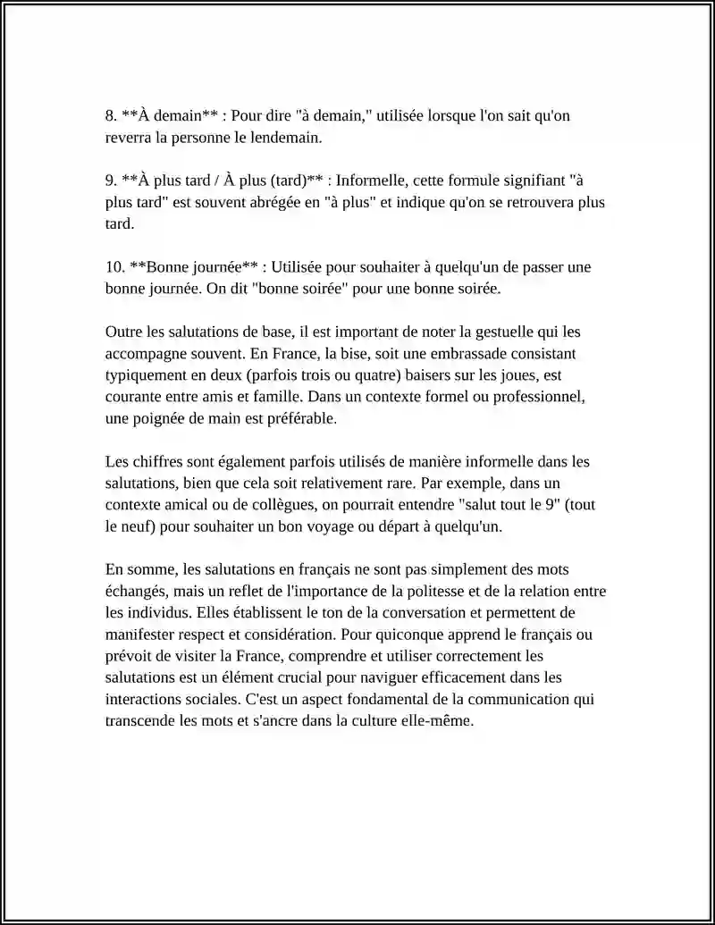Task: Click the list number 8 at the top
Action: (x=110, y=116)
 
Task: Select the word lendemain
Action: (x=288, y=139)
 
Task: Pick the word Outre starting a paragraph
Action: (x=123, y=332)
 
